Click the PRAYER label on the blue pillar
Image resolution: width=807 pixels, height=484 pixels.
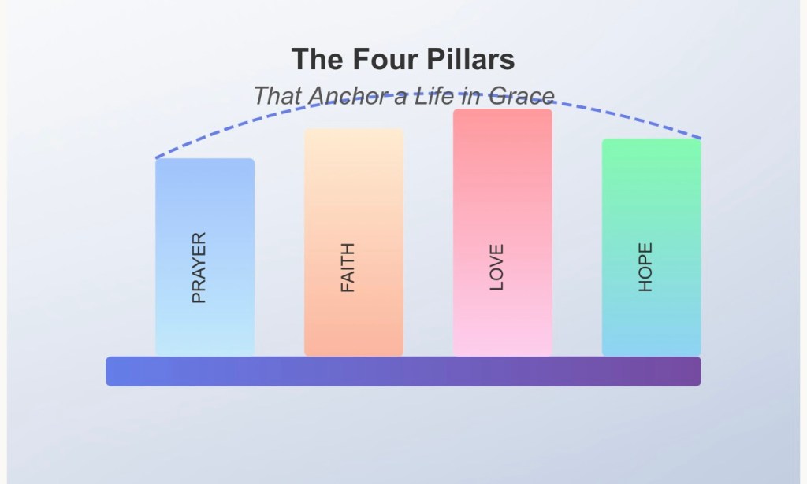(199, 268)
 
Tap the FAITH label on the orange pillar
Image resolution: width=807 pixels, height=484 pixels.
(348, 268)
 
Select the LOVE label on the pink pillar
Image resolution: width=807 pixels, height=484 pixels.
(496, 268)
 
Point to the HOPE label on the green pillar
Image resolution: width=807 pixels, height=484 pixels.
(645, 268)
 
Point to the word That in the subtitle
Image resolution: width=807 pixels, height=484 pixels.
(278, 97)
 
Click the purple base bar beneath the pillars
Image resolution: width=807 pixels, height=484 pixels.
(403, 371)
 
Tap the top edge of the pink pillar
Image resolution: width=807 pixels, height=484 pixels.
(503, 110)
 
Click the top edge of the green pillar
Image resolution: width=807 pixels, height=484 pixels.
(652, 140)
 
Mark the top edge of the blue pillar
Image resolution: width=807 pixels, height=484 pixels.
(205, 160)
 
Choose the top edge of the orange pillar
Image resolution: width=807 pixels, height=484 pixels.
(354, 131)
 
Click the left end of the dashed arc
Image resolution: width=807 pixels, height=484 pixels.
(157, 157)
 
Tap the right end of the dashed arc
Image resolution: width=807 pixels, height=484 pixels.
(700, 138)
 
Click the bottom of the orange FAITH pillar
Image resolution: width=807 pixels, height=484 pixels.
(354, 353)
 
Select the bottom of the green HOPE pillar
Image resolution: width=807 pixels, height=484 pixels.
(652, 353)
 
